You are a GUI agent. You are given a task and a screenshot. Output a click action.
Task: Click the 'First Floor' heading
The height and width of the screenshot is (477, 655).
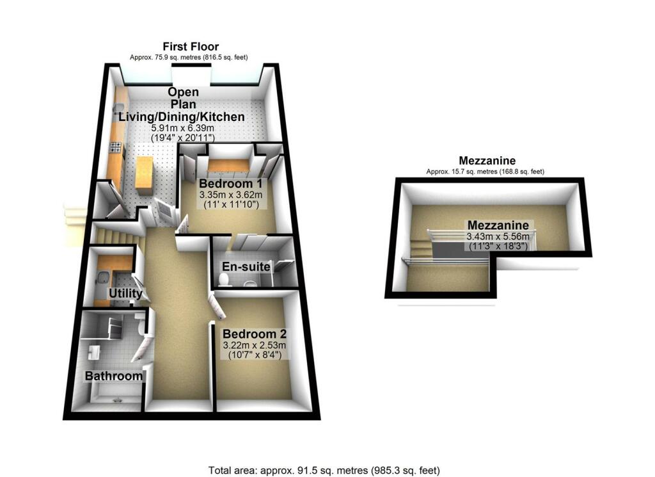click(x=190, y=46)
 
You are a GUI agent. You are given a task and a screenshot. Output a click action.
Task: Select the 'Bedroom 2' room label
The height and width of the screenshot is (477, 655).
click(x=254, y=334)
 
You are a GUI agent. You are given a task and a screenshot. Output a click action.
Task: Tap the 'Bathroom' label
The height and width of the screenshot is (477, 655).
click(x=114, y=376)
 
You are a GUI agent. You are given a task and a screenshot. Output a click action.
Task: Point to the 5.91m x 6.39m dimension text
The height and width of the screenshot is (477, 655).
click(x=182, y=128)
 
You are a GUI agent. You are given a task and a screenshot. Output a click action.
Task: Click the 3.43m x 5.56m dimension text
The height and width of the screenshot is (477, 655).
click(x=498, y=236)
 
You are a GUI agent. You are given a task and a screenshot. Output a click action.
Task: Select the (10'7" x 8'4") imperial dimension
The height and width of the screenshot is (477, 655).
click(x=254, y=355)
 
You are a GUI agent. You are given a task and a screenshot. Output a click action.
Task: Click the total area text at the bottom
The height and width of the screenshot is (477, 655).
click(x=324, y=470)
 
